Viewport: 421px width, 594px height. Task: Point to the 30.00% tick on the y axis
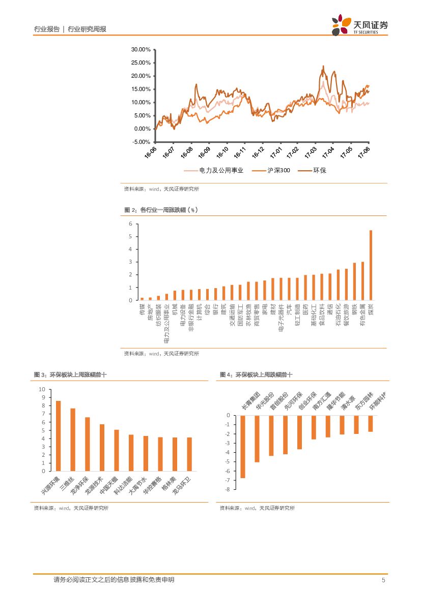pyautogui.click(x=141, y=50)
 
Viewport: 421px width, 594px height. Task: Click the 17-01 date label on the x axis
pyautogui.click(x=277, y=152)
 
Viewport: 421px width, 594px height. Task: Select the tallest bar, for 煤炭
pyautogui.click(x=371, y=265)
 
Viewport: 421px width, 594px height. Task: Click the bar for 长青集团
pyautogui.click(x=243, y=447)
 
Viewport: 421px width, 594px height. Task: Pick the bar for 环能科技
pyautogui.click(x=371, y=424)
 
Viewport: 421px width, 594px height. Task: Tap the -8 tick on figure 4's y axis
pyautogui.click(x=228, y=489)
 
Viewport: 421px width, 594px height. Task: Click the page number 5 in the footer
pyautogui.click(x=383, y=580)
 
